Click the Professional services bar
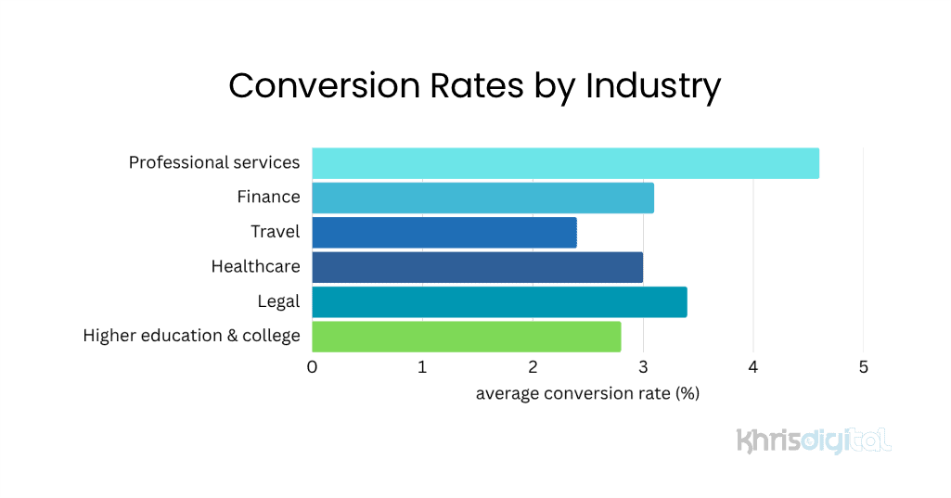(565, 163)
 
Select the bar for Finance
(482, 198)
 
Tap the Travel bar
(443, 232)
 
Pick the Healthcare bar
(477, 267)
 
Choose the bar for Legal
(499, 301)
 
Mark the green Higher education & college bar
(466, 336)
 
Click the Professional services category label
(214, 163)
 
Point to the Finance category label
(268, 198)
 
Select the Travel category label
(275, 232)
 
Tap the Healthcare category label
(255, 267)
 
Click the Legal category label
(278, 301)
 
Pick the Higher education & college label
(191, 336)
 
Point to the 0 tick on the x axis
(312, 367)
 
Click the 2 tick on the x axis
(533, 367)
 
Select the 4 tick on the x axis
(753, 367)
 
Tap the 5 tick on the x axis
(864, 367)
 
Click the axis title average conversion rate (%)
(587, 394)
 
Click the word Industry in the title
(653, 85)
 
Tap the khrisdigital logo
(814, 440)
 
